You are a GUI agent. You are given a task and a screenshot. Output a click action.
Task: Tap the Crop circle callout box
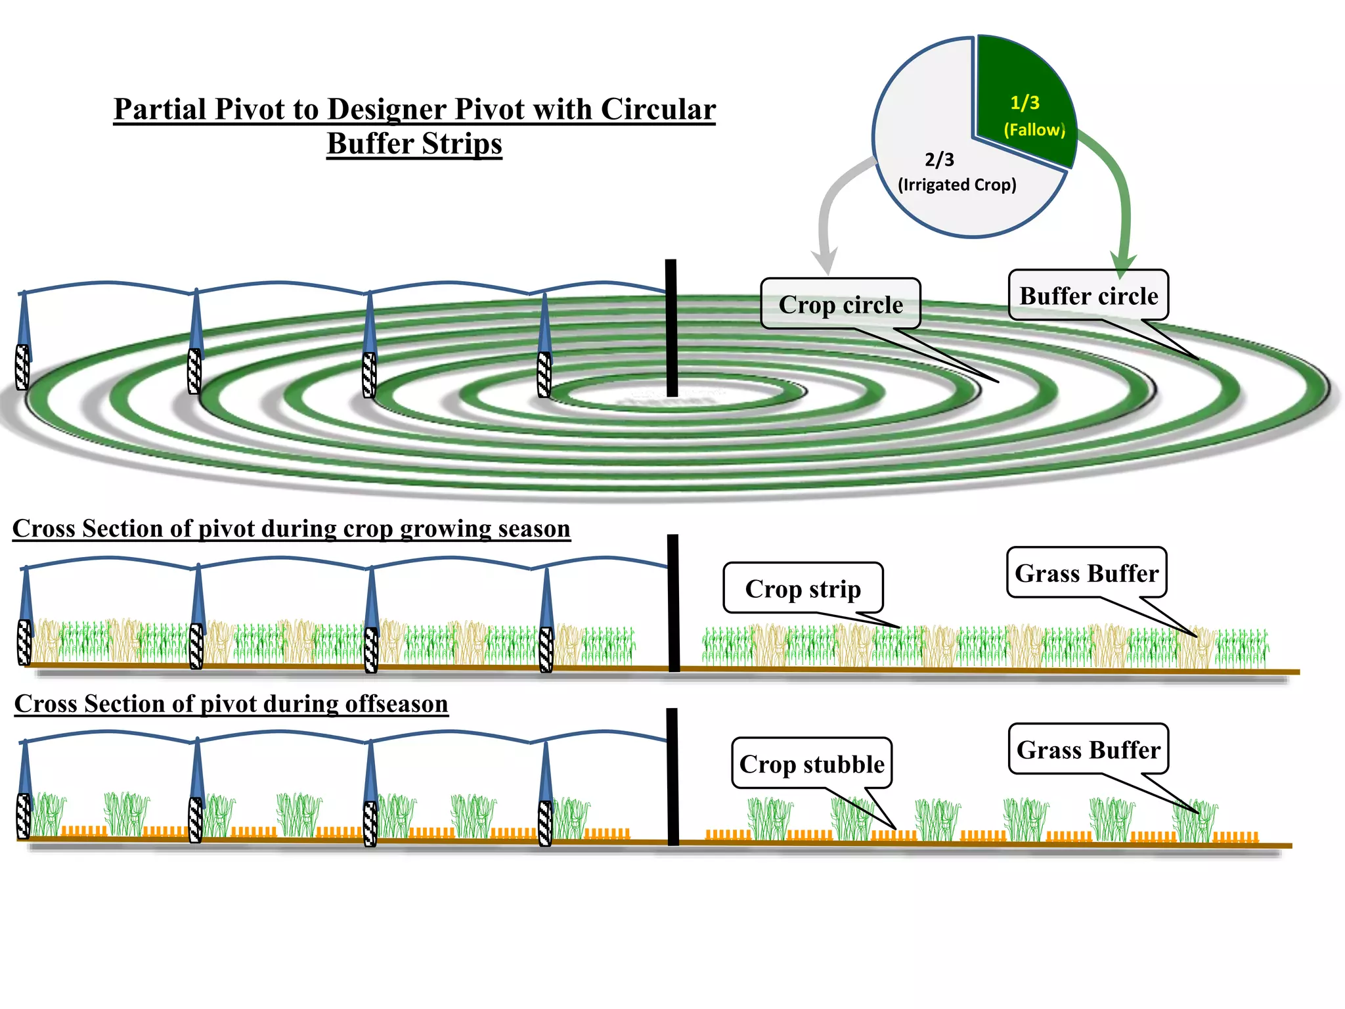click(841, 304)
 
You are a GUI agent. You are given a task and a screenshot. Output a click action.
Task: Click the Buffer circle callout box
click(1088, 296)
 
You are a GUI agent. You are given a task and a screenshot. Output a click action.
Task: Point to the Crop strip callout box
click(803, 588)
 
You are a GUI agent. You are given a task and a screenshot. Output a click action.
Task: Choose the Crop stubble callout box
click(812, 763)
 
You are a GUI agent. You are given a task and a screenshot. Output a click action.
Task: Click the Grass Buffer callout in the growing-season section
click(1086, 573)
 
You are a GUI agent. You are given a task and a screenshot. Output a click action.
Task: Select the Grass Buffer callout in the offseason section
click(1088, 750)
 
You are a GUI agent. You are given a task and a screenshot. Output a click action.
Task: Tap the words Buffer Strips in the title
click(414, 144)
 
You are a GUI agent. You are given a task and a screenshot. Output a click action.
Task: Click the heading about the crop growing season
click(291, 529)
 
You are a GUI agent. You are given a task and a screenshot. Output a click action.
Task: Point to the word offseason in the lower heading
click(397, 704)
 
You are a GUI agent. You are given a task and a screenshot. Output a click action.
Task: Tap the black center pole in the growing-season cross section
click(673, 602)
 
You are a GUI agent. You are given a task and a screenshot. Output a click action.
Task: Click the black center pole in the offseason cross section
click(672, 776)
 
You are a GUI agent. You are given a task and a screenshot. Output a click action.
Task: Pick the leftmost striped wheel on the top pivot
click(22, 367)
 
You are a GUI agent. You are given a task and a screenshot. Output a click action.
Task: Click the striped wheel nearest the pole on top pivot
click(544, 374)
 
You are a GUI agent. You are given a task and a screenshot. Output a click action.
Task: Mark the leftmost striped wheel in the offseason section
click(24, 817)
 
